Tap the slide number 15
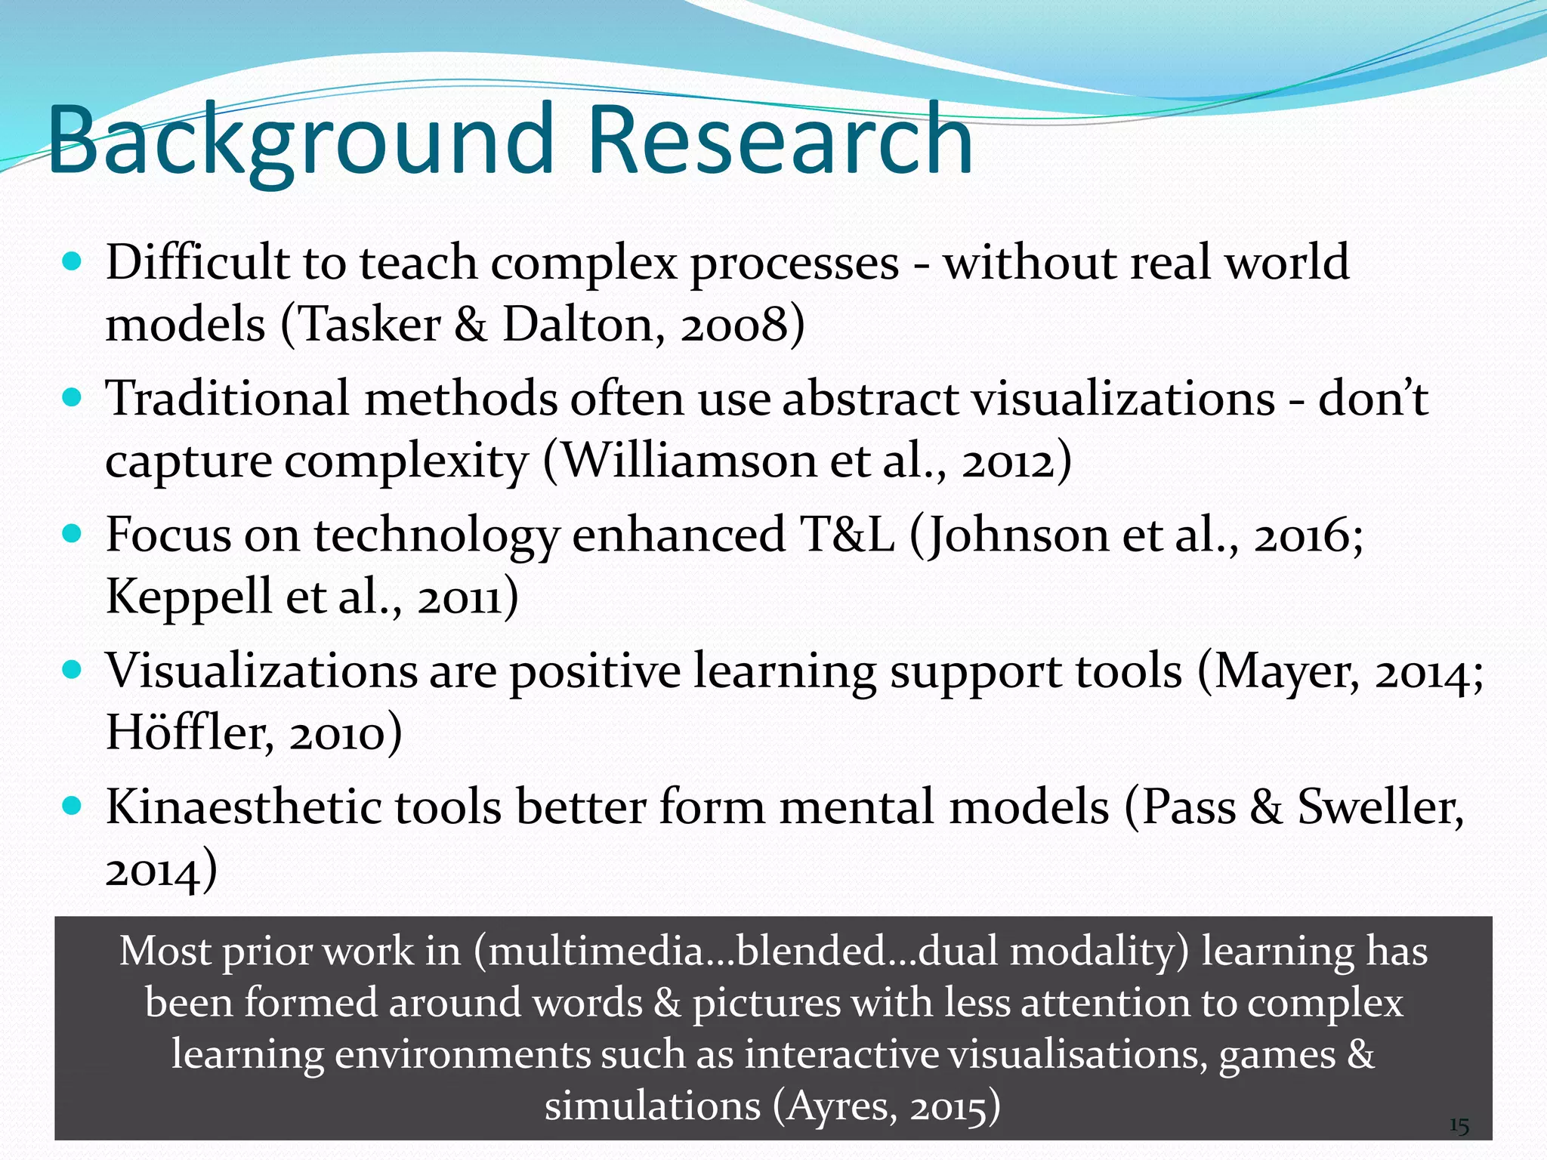coord(1459,1127)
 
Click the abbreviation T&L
coord(847,535)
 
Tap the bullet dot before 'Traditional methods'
coord(72,398)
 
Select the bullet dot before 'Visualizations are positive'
coord(72,670)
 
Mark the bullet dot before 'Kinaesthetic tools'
coord(72,806)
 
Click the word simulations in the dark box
coord(653,1107)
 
